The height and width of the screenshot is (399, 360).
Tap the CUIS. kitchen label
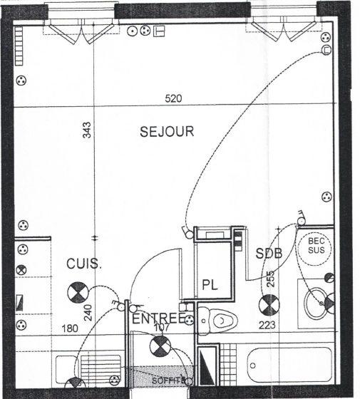pyautogui.click(x=84, y=264)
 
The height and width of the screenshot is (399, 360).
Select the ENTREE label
pyautogui.click(x=159, y=317)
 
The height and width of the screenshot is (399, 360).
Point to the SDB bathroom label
pyautogui.click(x=269, y=254)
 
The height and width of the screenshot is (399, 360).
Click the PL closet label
pyautogui.click(x=210, y=284)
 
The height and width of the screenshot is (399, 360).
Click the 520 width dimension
pyautogui.click(x=173, y=99)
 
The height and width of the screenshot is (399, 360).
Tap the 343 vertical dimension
pyautogui.click(x=86, y=130)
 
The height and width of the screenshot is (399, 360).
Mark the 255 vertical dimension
pyautogui.click(x=269, y=280)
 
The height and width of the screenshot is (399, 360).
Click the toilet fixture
pyautogui.click(x=217, y=320)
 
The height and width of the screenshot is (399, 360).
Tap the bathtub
pyautogui.click(x=289, y=369)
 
